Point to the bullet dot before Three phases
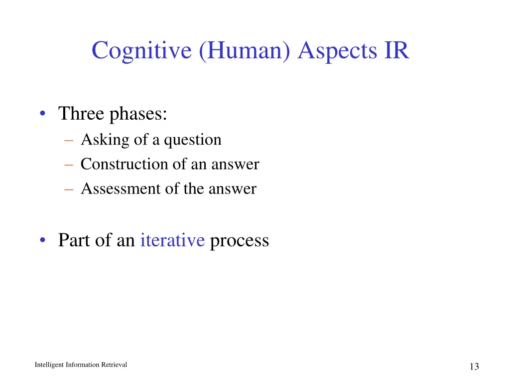click(44, 115)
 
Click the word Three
click(81, 114)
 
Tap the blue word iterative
click(172, 240)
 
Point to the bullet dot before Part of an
click(44, 241)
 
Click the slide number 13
click(474, 367)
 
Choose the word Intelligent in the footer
click(49, 365)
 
